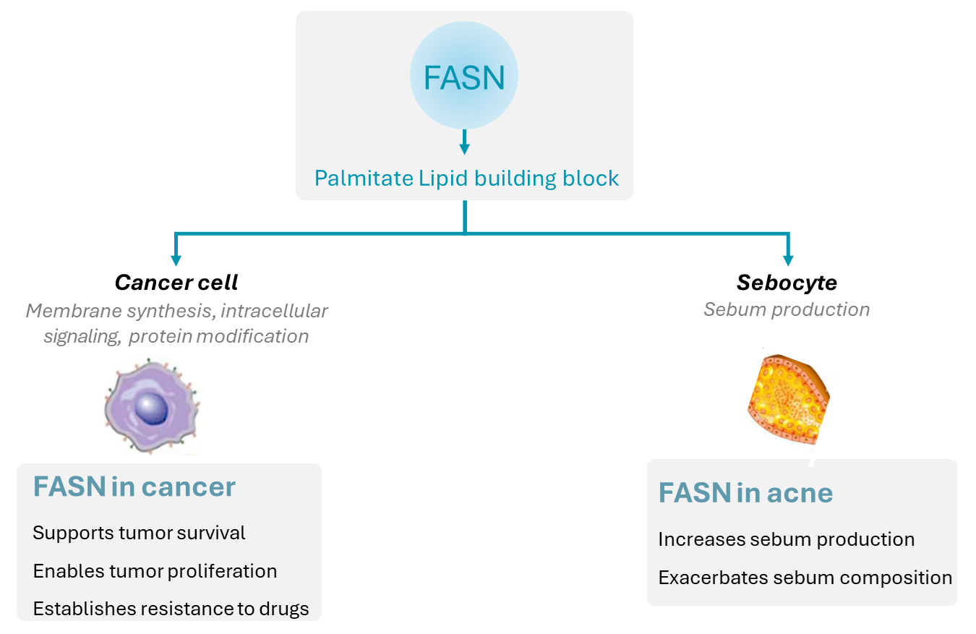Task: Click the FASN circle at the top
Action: pos(464,77)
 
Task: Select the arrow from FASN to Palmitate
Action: pos(464,142)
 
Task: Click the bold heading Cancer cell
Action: pos(176,283)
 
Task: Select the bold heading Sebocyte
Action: pos(787,283)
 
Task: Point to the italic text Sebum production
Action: pos(787,309)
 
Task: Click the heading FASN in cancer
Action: pos(134,487)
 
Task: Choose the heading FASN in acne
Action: pos(745,493)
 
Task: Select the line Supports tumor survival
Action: pos(139,533)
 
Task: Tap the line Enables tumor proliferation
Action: pos(155,571)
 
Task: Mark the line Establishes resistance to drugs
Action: pos(171,609)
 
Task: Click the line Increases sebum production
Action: pos(786,539)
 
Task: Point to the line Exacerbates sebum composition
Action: pos(805,578)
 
